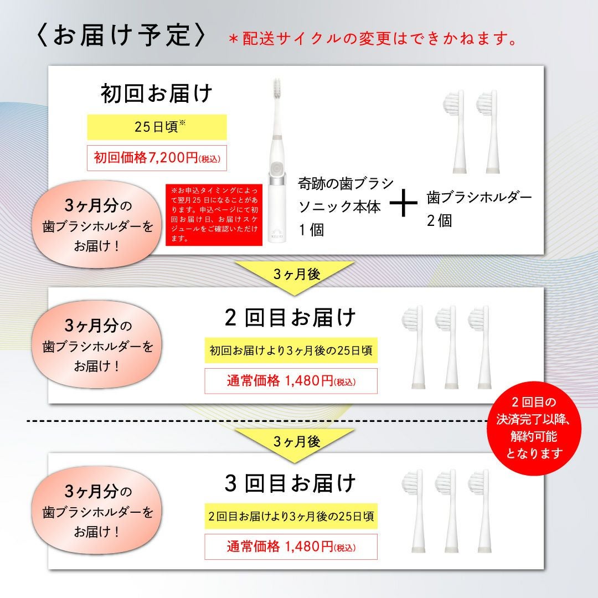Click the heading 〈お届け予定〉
tap(121, 36)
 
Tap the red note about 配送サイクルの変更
tap(373, 39)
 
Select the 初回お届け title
tap(156, 94)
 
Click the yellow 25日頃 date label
tap(157, 127)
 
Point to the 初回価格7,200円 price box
tap(157, 157)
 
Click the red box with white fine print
tap(214, 215)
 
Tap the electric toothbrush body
tap(277, 160)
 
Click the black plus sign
tap(404, 204)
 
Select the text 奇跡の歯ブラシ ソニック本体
tap(346, 195)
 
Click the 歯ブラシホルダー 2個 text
tap(479, 209)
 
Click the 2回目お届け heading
tap(290, 318)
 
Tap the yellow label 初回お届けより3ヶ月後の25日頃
tap(291, 350)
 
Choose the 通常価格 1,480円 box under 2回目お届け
tap(291, 380)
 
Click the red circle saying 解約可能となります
tap(534, 427)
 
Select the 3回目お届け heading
tap(290, 483)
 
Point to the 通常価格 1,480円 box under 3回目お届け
tap(291, 547)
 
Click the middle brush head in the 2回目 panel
tap(448, 347)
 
